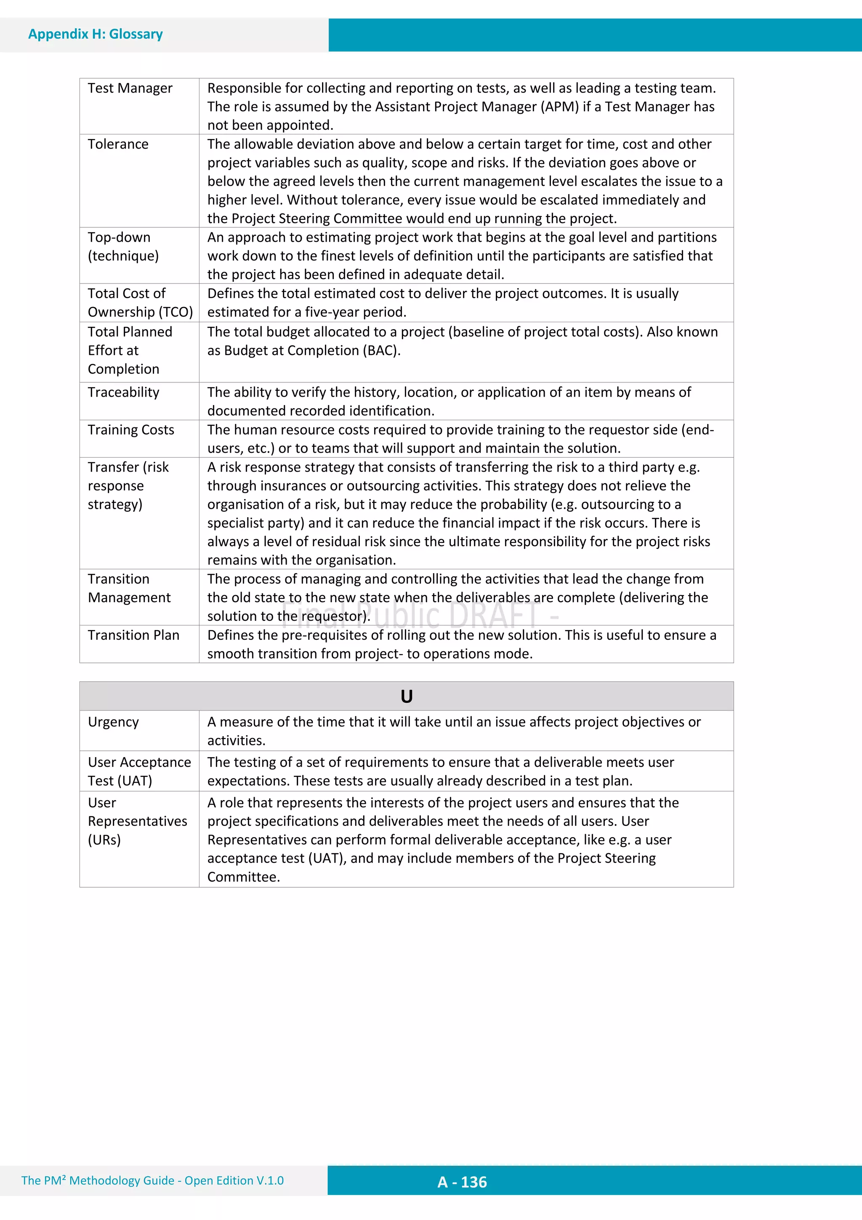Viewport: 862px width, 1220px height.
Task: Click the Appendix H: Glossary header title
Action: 95,34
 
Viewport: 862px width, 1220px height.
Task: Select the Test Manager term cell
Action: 130,88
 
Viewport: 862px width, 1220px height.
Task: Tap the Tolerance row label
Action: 118,144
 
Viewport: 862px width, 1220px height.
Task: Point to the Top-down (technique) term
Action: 123,246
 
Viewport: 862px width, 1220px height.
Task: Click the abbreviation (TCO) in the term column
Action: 176,312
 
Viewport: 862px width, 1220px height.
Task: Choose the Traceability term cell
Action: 123,392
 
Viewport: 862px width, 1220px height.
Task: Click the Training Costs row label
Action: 130,430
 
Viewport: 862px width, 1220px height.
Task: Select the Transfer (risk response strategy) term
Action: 128,486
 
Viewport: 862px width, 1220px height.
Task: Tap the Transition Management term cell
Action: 129,588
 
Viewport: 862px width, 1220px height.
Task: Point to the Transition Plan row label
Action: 133,635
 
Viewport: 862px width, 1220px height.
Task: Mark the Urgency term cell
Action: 113,722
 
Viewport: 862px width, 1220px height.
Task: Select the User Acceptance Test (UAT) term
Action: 139,772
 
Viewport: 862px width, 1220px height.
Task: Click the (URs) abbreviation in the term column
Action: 104,840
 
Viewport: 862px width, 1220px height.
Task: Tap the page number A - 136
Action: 462,1182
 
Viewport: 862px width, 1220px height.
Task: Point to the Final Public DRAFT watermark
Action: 420,615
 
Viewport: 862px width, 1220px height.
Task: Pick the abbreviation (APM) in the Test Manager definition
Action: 560,107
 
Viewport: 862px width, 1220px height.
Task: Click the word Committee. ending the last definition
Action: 243,877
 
